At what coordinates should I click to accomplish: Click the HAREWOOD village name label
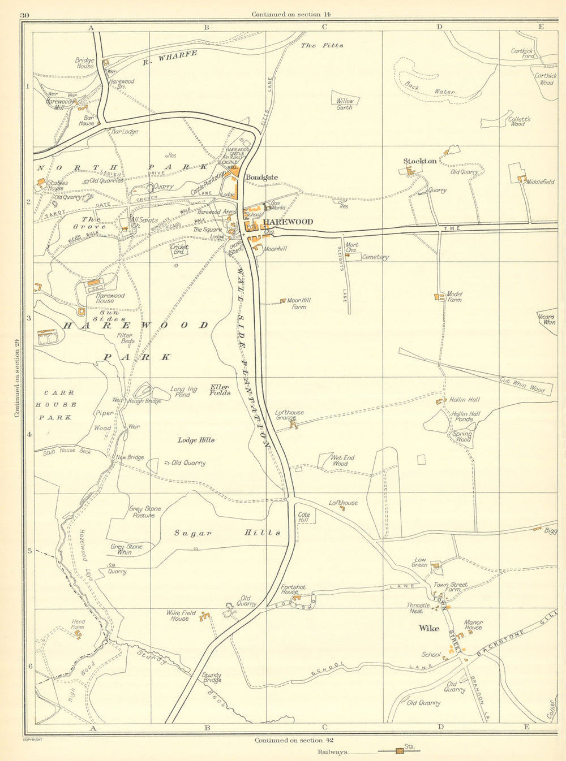[288, 222]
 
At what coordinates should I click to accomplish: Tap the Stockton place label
[419, 161]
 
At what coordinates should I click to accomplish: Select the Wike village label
[428, 628]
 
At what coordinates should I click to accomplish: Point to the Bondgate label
[261, 177]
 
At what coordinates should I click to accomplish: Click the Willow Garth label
[345, 104]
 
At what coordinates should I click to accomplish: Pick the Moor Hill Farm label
[299, 304]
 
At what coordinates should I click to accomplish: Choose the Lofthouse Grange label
[289, 415]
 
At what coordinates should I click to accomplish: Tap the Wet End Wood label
[342, 460]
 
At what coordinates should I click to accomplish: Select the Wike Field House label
[181, 616]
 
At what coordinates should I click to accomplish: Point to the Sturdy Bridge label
[212, 677]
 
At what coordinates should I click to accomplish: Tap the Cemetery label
[375, 257]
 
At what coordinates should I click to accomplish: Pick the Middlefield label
[540, 182]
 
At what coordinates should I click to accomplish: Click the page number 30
[23, 14]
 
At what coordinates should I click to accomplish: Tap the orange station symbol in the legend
[400, 751]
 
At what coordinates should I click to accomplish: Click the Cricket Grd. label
[179, 249]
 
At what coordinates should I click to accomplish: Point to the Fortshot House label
[293, 590]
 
